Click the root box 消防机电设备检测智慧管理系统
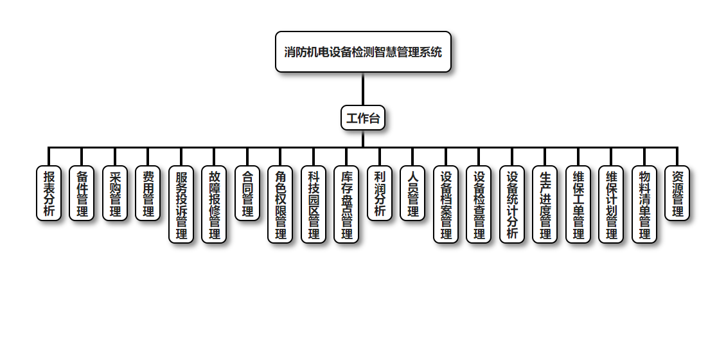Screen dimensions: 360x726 pos(363,52)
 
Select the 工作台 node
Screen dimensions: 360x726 pos(363,118)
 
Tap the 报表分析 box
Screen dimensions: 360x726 pos(49,194)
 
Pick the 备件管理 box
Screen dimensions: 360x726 pos(82,194)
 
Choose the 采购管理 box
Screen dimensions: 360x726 pos(115,194)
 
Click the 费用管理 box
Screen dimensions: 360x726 pos(148,194)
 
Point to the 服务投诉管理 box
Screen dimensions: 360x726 pos(181,204)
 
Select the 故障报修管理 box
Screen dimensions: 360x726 pos(214,204)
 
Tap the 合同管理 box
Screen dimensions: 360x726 pos(247,194)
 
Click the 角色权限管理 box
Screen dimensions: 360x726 pos(280,204)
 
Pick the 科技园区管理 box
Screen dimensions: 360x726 pos(314,204)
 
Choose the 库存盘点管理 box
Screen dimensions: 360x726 pos(346,204)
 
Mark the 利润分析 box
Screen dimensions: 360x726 pos(380,194)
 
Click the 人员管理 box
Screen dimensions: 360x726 pos(412,194)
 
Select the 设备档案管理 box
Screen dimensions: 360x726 pos(446,204)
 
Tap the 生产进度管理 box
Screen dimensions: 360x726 pos(545,204)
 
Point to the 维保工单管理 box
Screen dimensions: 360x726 pos(578,204)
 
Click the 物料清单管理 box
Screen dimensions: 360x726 pos(644,204)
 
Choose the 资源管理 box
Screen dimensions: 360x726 pos(677,194)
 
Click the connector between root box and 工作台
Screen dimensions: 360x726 pos(363,89)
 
